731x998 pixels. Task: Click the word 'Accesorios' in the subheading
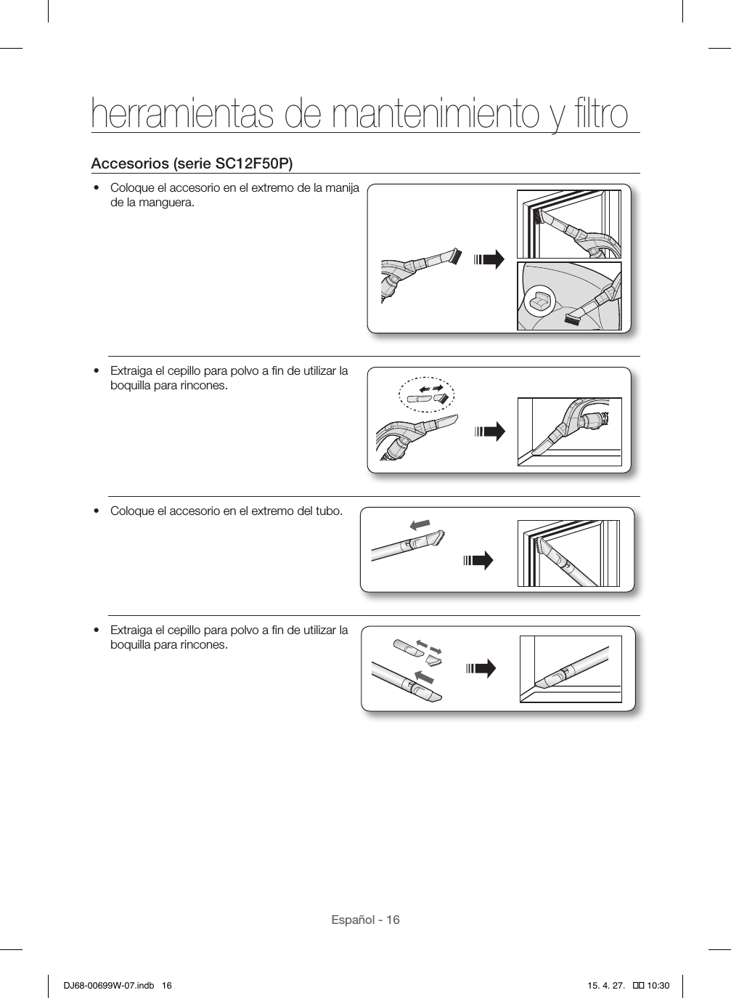click(127, 163)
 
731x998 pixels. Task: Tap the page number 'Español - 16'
click(365, 920)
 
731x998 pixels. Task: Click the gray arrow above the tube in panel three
click(420, 524)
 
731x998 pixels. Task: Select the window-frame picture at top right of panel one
click(568, 224)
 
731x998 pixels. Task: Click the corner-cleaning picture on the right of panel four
click(571, 669)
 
